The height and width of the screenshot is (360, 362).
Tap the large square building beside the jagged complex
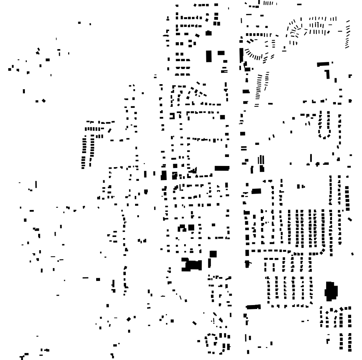point(213,254)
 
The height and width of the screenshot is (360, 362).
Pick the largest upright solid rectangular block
point(209,56)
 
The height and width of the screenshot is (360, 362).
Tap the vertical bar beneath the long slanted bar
point(328,74)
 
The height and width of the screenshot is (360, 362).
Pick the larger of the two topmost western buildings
point(80,23)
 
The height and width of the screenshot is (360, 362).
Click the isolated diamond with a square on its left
point(44,101)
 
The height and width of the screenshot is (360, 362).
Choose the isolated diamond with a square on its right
point(129,319)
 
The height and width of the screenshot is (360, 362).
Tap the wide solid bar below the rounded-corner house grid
point(253,307)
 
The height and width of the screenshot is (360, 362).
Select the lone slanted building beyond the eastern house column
point(350,219)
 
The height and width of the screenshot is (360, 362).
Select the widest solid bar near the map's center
point(222,168)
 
